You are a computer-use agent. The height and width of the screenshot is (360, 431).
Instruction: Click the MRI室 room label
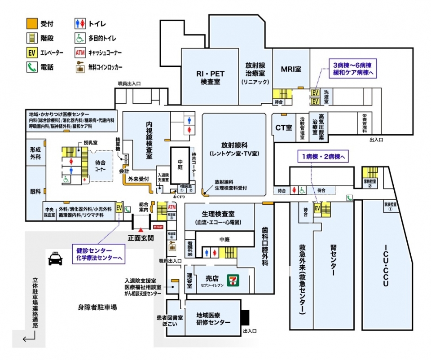point(291,70)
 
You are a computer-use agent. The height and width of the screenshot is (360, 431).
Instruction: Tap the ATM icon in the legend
point(80,53)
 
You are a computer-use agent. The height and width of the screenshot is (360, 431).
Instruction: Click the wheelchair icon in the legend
point(80,38)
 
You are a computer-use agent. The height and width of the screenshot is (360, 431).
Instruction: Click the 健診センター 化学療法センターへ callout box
point(100,254)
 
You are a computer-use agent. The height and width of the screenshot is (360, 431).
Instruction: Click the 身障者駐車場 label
point(97,307)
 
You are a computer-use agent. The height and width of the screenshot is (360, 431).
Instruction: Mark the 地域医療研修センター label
point(213,319)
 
